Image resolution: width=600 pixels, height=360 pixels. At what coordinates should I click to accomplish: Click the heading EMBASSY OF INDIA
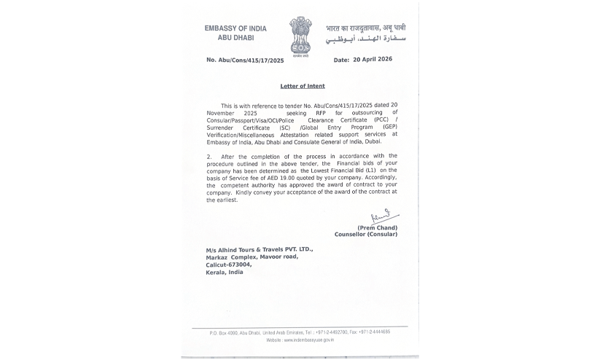click(235, 28)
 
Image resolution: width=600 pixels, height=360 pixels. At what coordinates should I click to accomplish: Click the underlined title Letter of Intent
click(303, 86)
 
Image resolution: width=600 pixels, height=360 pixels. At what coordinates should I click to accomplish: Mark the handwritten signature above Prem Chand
click(382, 216)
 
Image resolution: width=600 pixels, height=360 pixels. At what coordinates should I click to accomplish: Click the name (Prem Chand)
click(377, 227)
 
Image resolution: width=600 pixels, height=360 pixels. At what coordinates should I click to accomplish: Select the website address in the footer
click(300, 340)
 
